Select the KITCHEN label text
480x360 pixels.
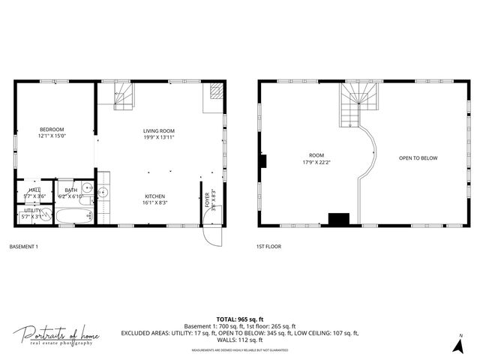point(155,199)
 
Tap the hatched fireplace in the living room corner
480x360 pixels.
point(215,92)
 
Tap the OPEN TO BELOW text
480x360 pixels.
point(418,158)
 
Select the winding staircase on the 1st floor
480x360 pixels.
point(352,105)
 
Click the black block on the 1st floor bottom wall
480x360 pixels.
point(339,219)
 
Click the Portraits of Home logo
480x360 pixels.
point(56,335)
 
